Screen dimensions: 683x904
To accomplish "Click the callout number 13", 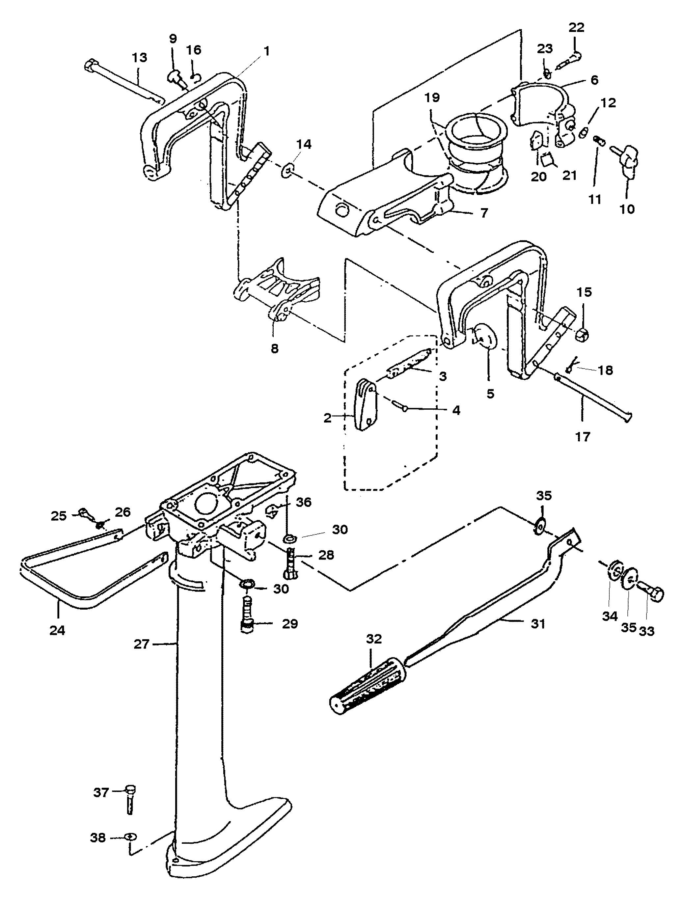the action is tap(139, 58).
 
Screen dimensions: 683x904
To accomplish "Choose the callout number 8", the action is tap(275, 349).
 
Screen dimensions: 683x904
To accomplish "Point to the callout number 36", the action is tap(304, 502).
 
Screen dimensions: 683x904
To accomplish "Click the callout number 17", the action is tap(583, 437).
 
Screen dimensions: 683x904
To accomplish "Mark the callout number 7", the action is tap(484, 213).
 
